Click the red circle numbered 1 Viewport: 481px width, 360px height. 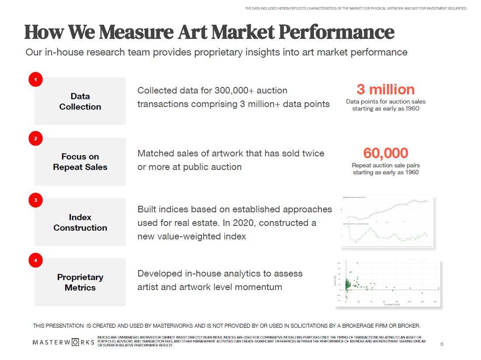(x=35, y=80)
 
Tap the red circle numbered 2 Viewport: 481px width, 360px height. (x=35, y=139)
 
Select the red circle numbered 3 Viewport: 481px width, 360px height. (x=35, y=201)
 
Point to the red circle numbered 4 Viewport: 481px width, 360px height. (x=35, y=261)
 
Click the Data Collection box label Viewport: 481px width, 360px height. (x=80, y=101)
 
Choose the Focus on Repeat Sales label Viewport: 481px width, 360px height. (x=80, y=162)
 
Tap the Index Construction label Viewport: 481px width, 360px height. (x=80, y=222)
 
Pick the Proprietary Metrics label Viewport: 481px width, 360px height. (x=80, y=282)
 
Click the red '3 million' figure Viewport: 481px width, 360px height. (x=385, y=90)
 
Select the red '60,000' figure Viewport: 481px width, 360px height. (x=385, y=153)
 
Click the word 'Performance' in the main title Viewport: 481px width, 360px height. (x=336, y=32)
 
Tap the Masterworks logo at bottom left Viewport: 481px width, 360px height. (x=63, y=342)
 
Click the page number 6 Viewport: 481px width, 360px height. (x=442, y=344)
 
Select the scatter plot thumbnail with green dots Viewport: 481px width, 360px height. (x=387, y=283)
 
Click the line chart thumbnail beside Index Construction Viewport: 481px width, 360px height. (x=387, y=222)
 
